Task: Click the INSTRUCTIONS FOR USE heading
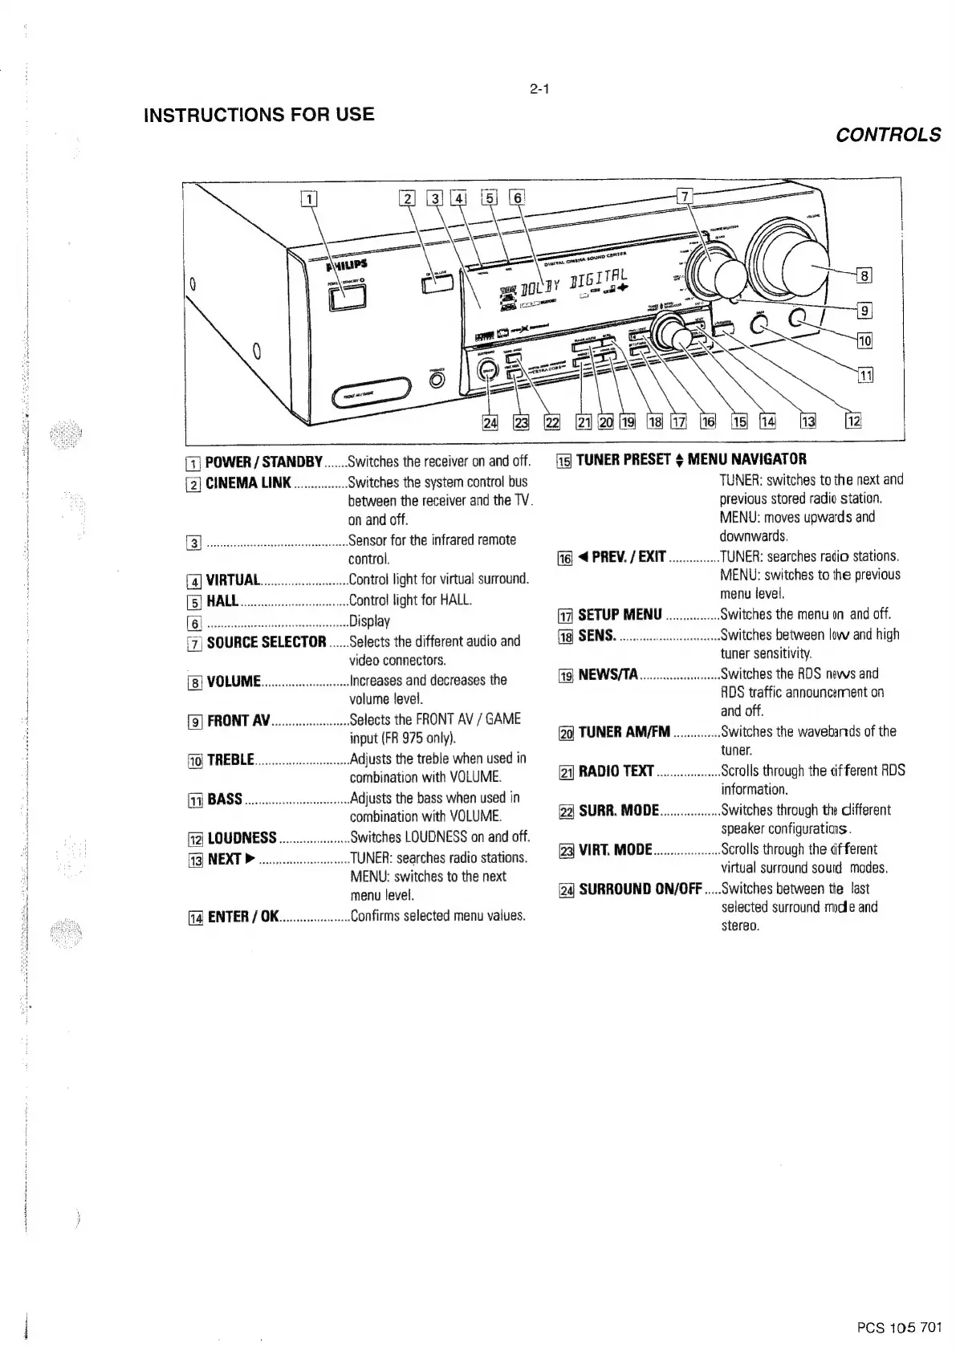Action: click(258, 114)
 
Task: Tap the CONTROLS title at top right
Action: click(888, 135)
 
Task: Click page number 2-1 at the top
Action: click(539, 89)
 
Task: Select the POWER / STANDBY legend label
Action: click(264, 462)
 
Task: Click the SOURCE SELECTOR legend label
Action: click(266, 642)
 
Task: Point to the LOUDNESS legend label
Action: click(242, 838)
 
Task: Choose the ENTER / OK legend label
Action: click(242, 916)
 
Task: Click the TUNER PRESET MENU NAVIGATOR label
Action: click(691, 460)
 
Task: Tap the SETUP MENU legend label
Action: click(620, 615)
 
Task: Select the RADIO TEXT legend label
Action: click(616, 771)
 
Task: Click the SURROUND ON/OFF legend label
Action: click(641, 889)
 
